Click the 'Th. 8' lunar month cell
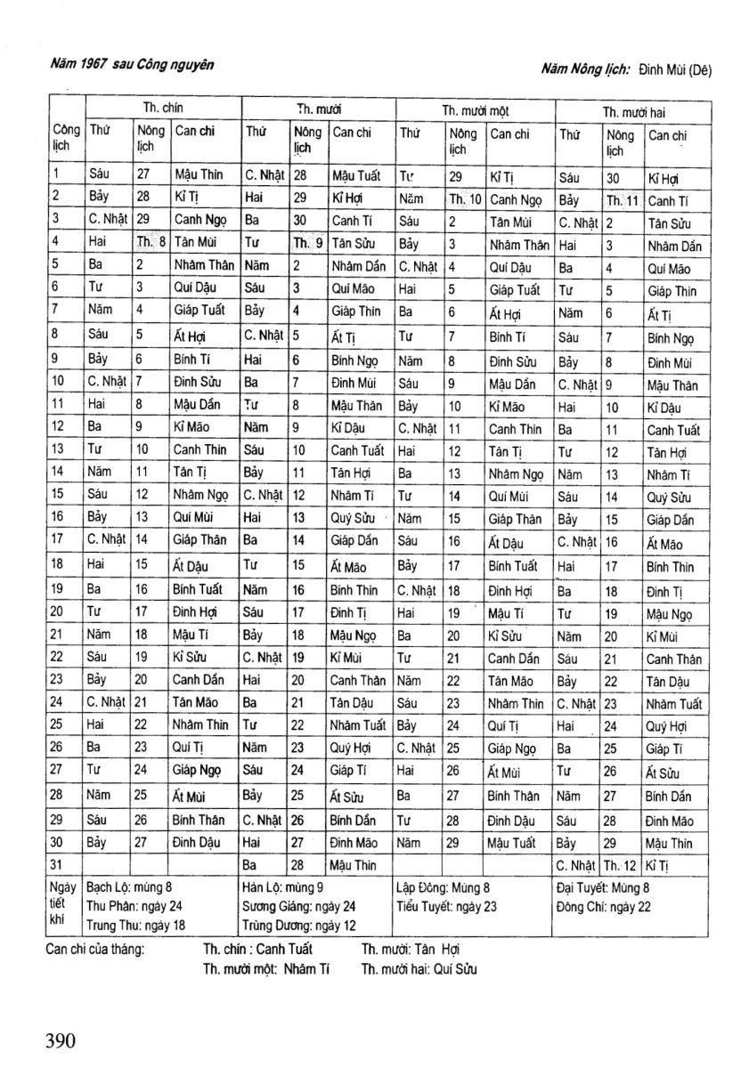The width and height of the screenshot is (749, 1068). [x=151, y=240]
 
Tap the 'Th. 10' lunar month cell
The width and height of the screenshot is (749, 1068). [x=464, y=199]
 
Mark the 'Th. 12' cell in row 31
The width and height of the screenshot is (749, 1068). [x=621, y=864]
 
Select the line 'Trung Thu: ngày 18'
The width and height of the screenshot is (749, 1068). [x=135, y=926]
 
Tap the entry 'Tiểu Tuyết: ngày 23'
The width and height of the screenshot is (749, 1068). [x=445, y=907]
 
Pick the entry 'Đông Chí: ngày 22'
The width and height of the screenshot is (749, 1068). [x=603, y=907]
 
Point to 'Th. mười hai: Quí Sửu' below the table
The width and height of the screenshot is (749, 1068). [x=419, y=968]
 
